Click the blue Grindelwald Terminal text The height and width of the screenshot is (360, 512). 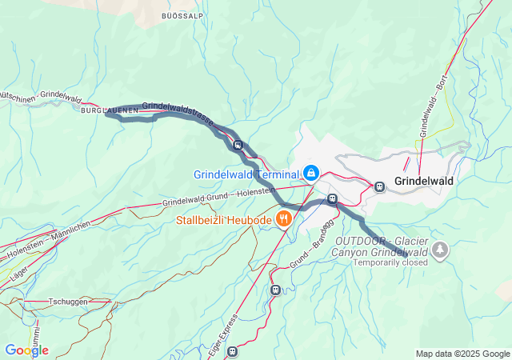click(245, 174)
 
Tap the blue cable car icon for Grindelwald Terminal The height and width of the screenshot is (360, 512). click(310, 173)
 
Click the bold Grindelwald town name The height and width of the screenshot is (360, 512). click(424, 181)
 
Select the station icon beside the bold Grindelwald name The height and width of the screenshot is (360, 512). click(379, 187)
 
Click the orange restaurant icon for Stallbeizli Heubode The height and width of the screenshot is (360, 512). click(282, 218)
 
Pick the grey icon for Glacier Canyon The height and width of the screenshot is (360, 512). click(439, 250)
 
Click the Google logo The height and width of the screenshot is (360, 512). click(26, 350)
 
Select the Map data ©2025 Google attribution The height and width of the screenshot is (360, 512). click(462, 354)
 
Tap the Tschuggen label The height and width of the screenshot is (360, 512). click(67, 302)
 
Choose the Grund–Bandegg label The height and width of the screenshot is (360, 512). click(310, 254)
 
